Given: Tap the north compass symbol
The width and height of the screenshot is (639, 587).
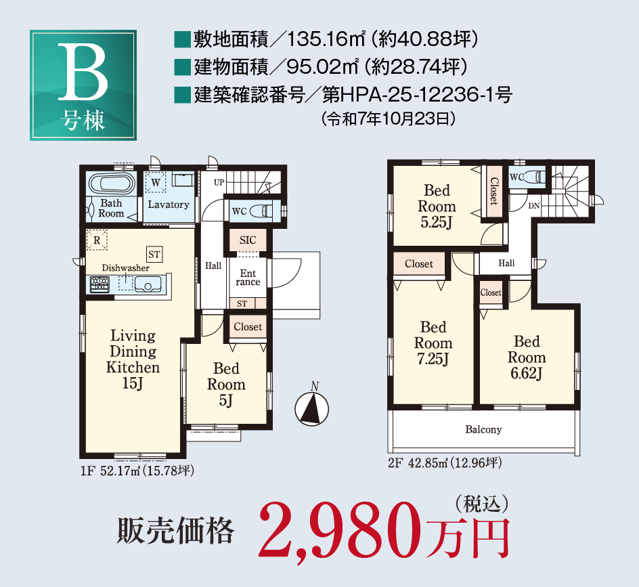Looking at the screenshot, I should [311, 408].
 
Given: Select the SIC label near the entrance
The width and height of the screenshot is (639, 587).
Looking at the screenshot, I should [248, 240].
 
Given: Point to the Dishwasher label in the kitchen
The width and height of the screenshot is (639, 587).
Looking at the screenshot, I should [126, 268].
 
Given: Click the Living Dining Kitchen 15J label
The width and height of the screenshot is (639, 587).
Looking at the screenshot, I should [133, 360].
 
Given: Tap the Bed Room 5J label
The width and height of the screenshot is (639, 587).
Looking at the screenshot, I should [226, 385].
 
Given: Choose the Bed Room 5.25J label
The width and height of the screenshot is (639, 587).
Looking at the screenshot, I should [437, 206].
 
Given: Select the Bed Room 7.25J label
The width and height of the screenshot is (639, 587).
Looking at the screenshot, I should [433, 343].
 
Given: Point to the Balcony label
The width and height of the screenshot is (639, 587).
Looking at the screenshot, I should [483, 429].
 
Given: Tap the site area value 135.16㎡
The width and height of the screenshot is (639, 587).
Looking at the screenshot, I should [324, 39].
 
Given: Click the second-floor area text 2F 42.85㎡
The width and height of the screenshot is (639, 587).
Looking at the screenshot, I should [444, 464].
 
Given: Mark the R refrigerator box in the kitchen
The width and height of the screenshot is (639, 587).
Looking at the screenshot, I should [97, 240].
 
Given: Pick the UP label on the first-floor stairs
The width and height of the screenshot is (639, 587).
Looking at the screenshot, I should [219, 183].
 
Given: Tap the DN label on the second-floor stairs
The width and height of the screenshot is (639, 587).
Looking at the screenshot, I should [533, 206].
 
